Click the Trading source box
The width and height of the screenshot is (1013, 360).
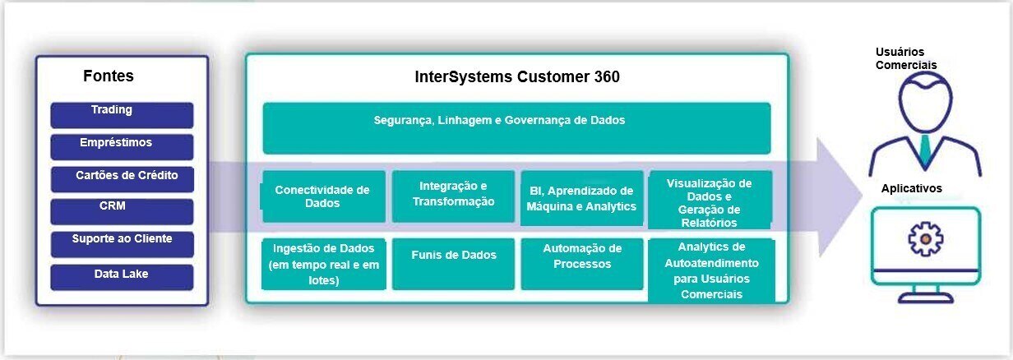coord(122,115)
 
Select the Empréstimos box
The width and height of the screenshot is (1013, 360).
coord(122,147)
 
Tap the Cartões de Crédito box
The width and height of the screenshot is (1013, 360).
coord(122,179)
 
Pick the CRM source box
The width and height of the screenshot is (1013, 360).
coord(122,212)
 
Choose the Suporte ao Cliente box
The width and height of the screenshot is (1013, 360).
coord(122,244)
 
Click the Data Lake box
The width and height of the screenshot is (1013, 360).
coord(122,277)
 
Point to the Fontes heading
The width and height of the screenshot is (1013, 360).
coord(109,76)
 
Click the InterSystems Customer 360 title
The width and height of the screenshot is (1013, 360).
coord(517,77)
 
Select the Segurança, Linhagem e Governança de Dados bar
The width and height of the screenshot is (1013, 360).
coord(516,128)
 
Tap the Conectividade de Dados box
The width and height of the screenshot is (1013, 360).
coord(324,196)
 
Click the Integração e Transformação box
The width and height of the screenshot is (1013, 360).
coord(453,196)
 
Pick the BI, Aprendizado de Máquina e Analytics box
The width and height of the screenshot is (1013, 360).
coord(581,197)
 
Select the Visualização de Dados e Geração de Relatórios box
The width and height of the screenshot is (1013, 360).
coord(710,200)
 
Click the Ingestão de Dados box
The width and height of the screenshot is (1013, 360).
coord(324,264)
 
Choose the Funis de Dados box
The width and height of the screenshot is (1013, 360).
coord(453,264)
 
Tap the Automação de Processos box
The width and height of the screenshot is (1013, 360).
coord(581,264)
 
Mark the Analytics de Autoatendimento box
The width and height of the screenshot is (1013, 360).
coord(711,270)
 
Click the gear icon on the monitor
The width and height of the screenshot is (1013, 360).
coord(925,239)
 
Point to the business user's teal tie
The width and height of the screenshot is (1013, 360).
coord(925,150)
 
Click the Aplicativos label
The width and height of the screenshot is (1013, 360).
coord(911,188)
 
